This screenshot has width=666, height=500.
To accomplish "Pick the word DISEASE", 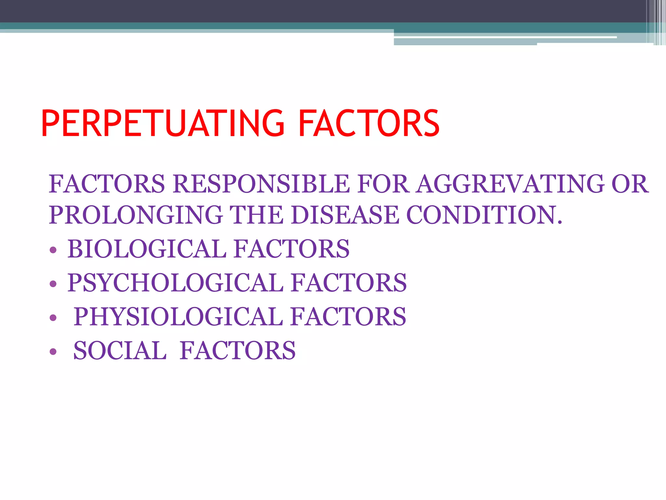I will click(345, 215).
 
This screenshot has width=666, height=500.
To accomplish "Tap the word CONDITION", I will click(484, 215).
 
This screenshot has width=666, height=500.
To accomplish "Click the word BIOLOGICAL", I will click(147, 249).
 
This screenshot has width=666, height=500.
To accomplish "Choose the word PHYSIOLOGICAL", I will click(178, 316).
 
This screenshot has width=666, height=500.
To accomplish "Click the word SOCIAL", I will click(120, 351).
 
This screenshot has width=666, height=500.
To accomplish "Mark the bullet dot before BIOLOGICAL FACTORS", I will click(53, 250).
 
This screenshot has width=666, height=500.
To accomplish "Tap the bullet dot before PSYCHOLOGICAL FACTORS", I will click(53, 284).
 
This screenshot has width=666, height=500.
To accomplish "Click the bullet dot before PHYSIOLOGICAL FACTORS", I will click(53, 318).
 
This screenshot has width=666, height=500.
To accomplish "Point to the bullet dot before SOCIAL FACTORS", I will click(53, 352).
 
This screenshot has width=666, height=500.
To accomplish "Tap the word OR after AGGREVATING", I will click(630, 184).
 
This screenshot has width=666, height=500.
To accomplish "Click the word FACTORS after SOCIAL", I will click(238, 351).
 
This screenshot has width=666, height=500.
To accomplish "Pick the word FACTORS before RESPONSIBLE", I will click(107, 184).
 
